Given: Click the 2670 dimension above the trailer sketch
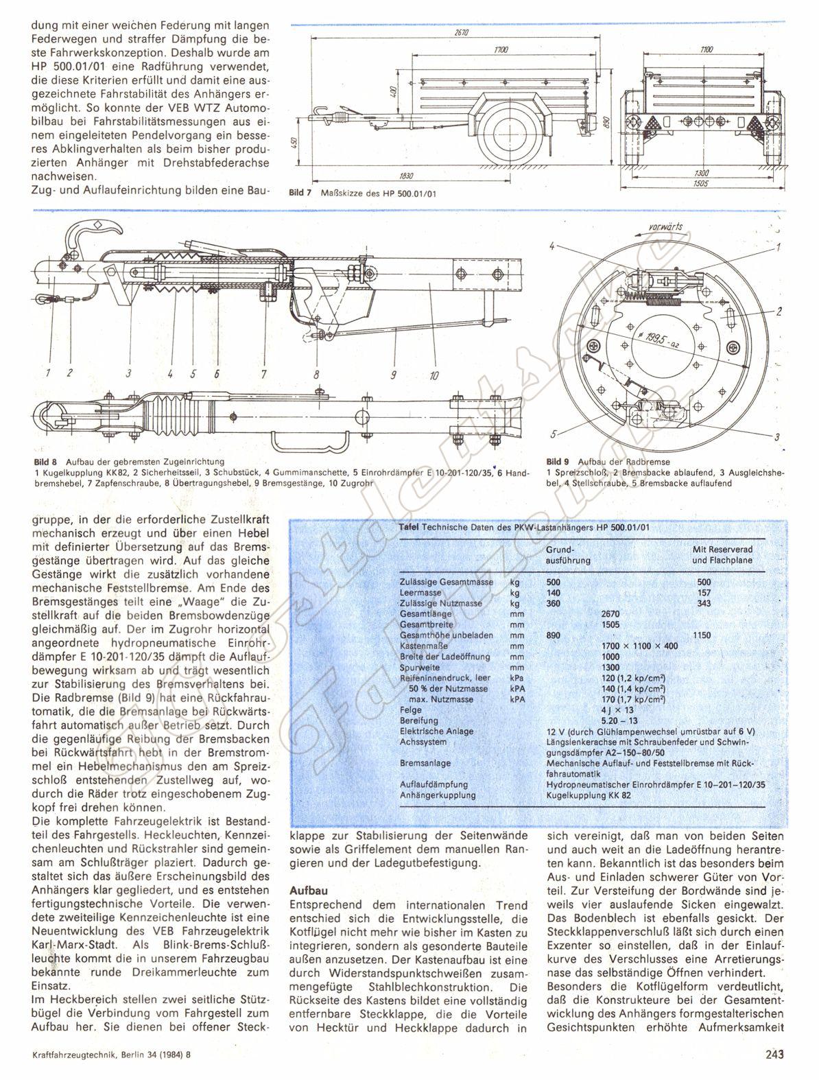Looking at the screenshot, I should pos(451,32).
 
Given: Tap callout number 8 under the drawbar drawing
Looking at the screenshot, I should pos(316,375).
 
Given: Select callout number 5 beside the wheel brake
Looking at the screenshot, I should pos(553,434).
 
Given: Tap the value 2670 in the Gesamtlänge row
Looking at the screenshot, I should pos(610,613).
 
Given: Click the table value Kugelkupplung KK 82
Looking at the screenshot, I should pos(589,796).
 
